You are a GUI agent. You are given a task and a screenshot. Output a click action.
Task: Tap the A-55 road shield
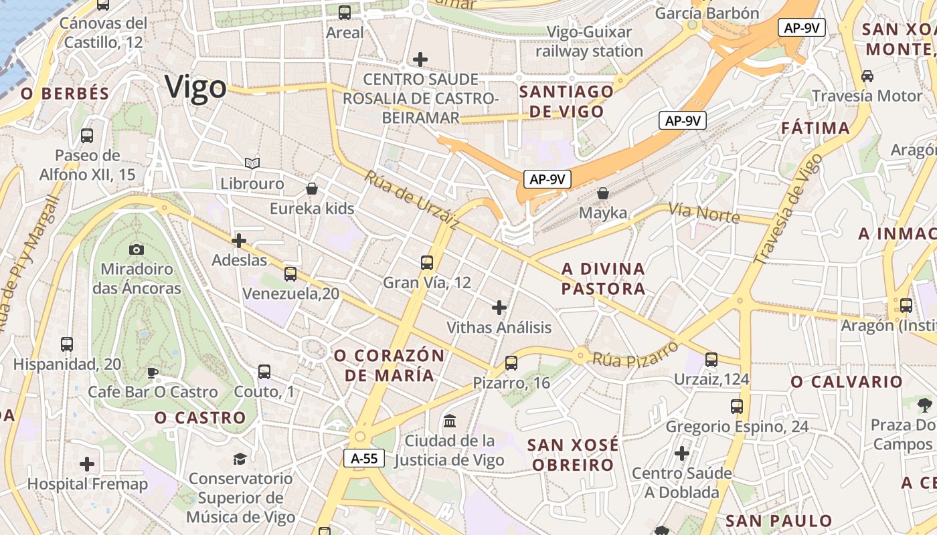(x=364, y=458)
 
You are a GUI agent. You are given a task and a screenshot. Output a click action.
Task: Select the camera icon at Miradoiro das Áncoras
(x=137, y=249)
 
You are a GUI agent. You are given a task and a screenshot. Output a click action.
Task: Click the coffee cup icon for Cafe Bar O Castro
(x=153, y=372)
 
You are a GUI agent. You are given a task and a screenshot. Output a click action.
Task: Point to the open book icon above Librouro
(x=252, y=163)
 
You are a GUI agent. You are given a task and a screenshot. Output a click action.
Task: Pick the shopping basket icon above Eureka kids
(x=311, y=189)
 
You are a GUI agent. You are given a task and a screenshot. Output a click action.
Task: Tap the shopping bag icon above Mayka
(x=603, y=193)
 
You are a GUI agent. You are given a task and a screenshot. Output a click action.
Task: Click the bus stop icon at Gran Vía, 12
(x=427, y=263)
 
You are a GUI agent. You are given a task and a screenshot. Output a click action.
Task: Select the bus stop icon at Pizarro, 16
(x=511, y=363)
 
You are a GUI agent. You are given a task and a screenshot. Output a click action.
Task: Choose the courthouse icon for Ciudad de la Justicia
(x=450, y=421)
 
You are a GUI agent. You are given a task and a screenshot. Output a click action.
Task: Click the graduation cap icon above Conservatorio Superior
(x=240, y=459)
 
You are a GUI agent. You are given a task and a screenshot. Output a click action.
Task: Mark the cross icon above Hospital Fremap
(x=87, y=464)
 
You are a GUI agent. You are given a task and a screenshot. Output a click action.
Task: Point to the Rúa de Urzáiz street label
(x=412, y=199)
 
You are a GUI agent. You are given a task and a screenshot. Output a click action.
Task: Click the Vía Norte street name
(x=704, y=213)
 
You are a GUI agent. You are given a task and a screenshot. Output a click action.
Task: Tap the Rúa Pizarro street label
(x=635, y=354)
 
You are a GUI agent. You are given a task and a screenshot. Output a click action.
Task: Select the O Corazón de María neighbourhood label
(x=390, y=365)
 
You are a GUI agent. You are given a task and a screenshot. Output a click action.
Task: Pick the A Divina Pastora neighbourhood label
(x=603, y=279)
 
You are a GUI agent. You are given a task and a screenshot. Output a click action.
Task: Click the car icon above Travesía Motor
(x=867, y=76)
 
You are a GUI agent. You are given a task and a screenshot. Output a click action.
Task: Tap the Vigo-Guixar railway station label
(x=589, y=41)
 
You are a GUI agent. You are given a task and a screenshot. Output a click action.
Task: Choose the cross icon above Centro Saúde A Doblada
(x=682, y=453)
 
